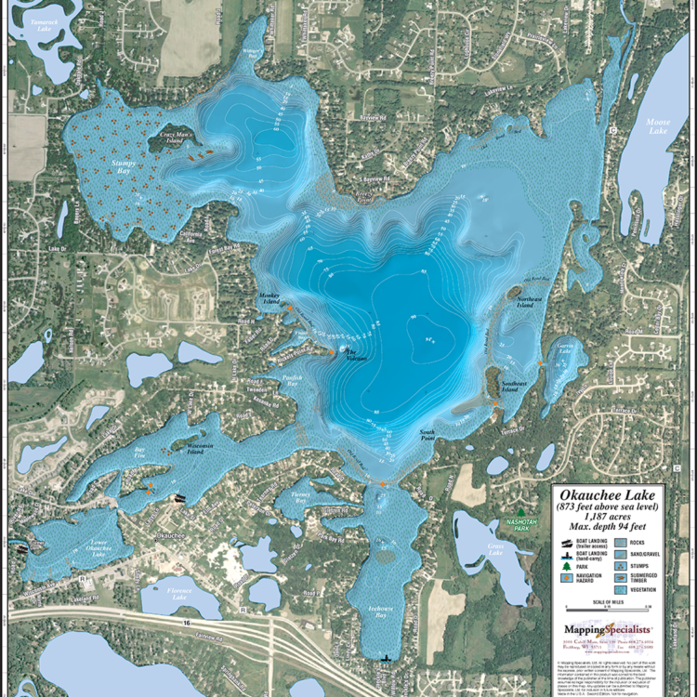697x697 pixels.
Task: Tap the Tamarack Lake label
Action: click(41, 24)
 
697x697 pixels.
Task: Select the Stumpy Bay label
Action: click(124, 166)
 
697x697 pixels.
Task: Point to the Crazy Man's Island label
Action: click(179, 136)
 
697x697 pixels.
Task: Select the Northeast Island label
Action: click(530, 296)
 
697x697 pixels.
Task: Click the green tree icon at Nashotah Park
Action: click(521, 512)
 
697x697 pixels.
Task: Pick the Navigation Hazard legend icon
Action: click(566, 577)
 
